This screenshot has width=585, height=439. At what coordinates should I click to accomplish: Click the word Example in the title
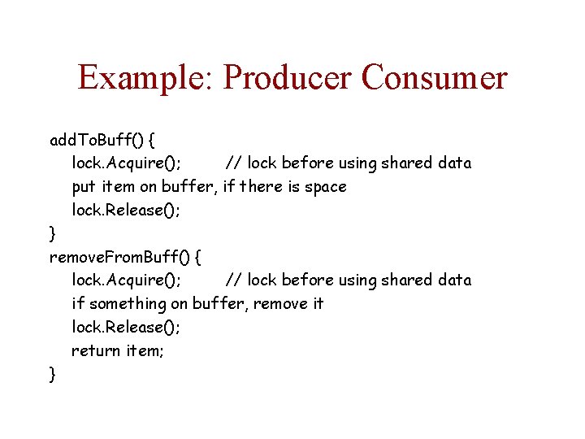145,78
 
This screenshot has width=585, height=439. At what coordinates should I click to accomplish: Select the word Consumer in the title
434,78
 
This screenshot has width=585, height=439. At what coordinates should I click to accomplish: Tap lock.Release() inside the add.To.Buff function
126,210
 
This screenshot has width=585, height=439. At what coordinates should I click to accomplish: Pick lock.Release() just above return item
126,327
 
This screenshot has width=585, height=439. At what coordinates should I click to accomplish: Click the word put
82,187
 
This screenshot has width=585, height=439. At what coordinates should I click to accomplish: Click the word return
96,350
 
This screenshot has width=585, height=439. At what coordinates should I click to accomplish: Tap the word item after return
145,350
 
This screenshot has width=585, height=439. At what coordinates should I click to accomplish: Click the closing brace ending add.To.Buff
53,234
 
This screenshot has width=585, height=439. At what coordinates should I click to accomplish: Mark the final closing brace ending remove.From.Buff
53,374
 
